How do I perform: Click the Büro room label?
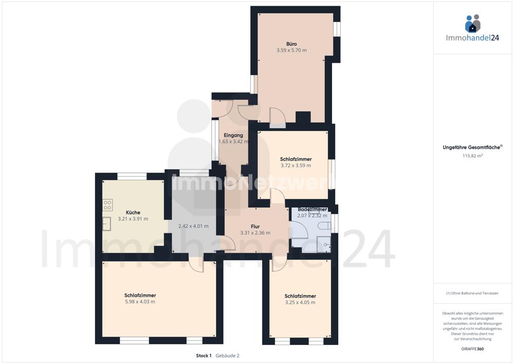(x=291, y=44)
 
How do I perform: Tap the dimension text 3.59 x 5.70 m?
(x=291, y=50)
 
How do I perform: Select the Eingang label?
(x=233, y=135)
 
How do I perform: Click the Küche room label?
(x=133, y=212)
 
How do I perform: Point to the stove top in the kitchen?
(x=107, y=205)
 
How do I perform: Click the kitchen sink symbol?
(x=107, y=224)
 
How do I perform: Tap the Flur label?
(x=255, y=227)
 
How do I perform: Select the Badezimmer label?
(x=312, y=210)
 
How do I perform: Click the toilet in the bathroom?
(x=324, y=226)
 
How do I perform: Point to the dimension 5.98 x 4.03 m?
(x=140, y=302)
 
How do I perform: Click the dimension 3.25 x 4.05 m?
(x=300, y=302)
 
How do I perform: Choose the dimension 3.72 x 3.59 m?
(x=296, y=165)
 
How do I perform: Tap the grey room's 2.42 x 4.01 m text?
(x=193, y=226)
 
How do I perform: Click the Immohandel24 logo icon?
(x=472, y=23)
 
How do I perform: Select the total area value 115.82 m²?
(x=472, y=156)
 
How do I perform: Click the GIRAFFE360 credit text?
(x=472, y=349)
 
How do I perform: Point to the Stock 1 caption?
(x=204, y=355)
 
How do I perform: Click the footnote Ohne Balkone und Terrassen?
(x=472, y=293)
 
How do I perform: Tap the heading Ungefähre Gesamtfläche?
(x=472, y=147)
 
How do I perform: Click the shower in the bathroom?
(x=324, y=245)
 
